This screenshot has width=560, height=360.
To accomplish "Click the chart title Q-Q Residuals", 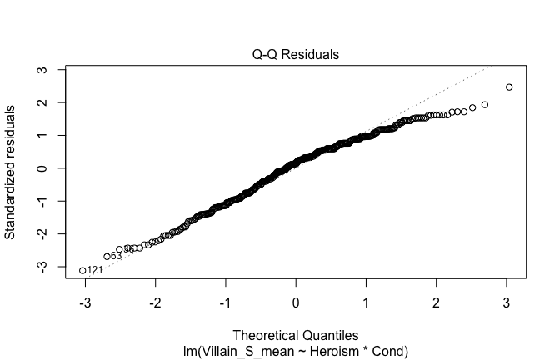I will [297, 55].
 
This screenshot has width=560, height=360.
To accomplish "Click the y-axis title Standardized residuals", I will [12, 171].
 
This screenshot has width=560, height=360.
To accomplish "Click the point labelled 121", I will [82, 270].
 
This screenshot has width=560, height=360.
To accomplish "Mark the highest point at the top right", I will [509, 87].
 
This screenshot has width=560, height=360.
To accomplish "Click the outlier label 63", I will [117, 257].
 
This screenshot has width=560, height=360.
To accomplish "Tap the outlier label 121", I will [95, 271].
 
